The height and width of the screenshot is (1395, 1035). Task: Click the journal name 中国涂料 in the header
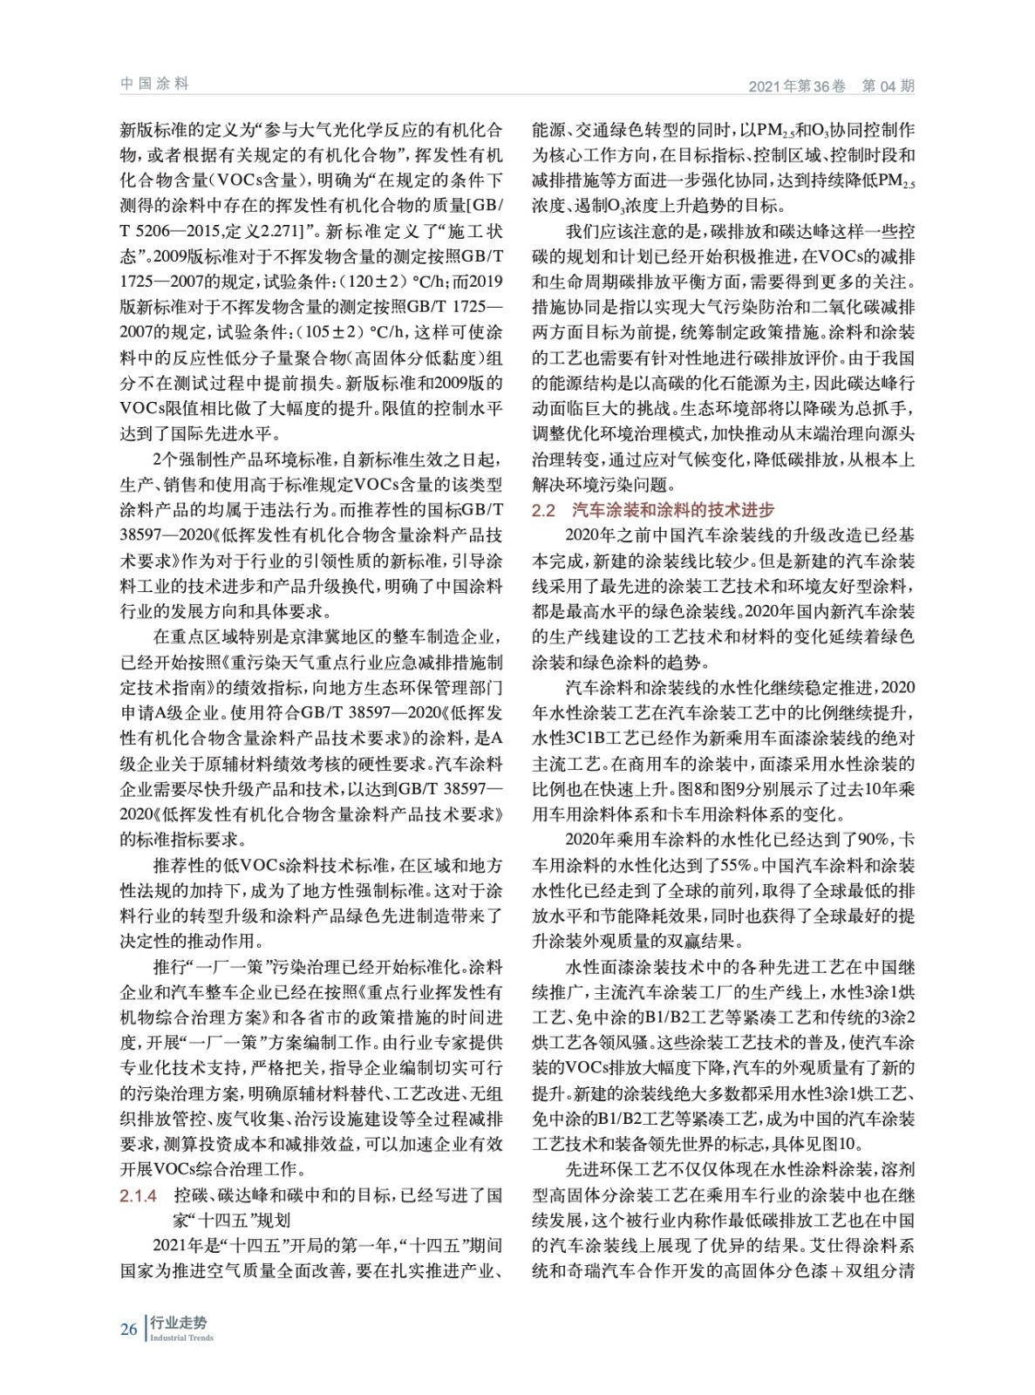tap(154, 84)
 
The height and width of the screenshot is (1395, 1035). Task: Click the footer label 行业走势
tap(179, 1323)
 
